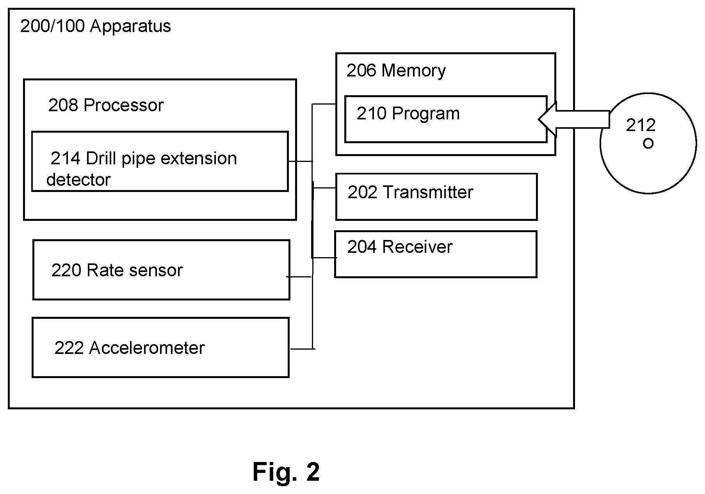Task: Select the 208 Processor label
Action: click(106, 105)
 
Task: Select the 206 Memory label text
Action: click(396, 71)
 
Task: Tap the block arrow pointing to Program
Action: click(574, 119)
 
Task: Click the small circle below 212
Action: click(648, 144)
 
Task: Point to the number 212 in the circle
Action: click(641, 125)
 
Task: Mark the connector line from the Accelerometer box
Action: click(303, 349)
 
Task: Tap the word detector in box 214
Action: click(78, 180)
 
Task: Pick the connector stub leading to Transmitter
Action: click(324, 188)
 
